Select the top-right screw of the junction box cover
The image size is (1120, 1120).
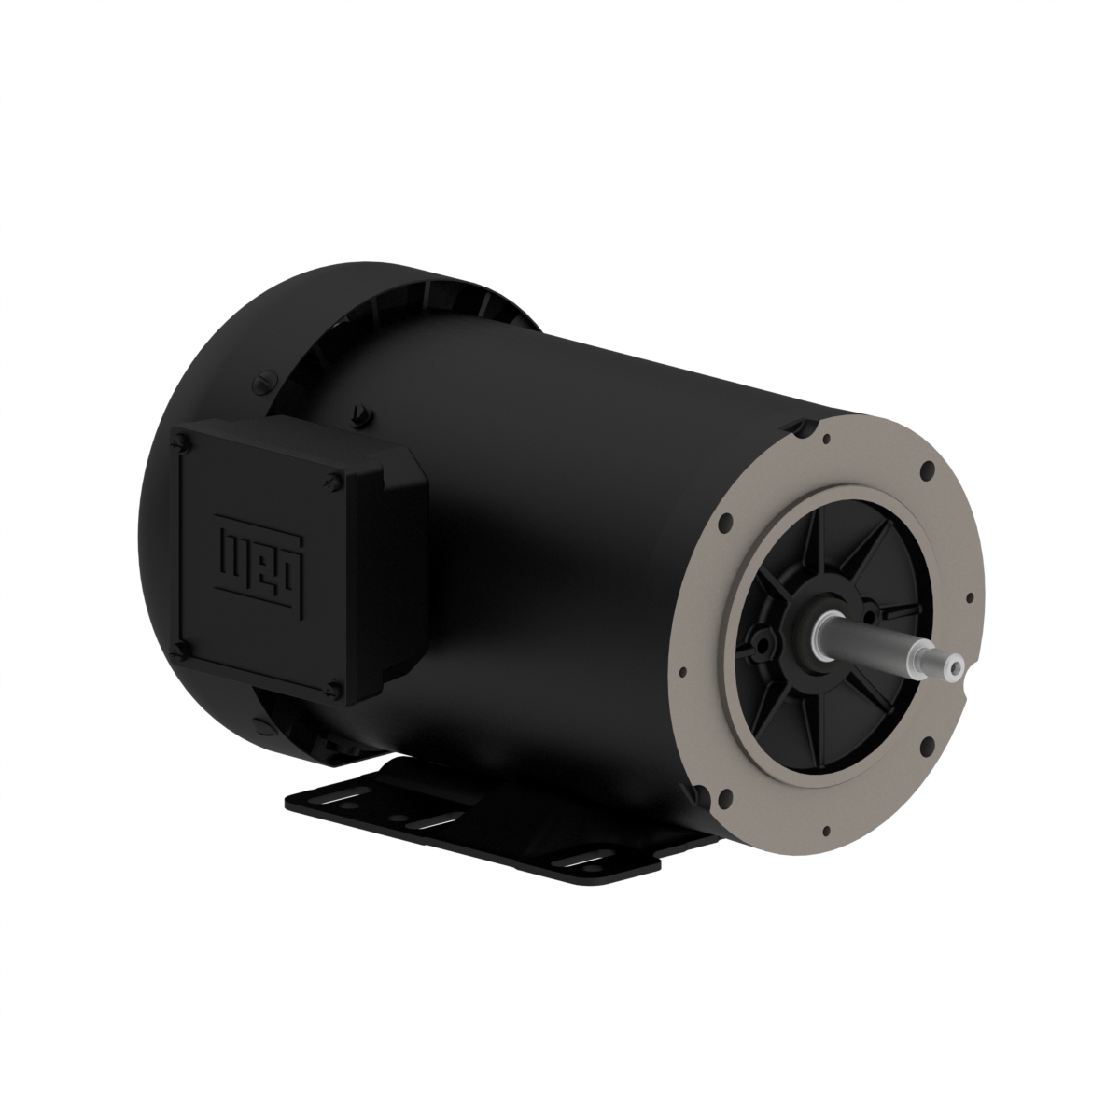(333, 480)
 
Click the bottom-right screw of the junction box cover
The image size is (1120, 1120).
(332, 689)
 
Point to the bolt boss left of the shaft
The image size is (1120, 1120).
(766, 643)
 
